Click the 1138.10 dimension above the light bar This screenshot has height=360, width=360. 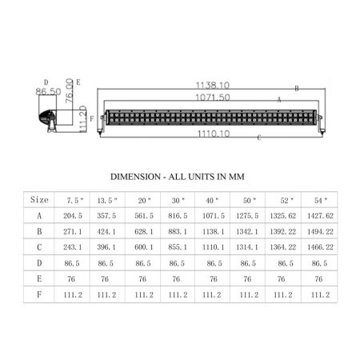tap(213, 86)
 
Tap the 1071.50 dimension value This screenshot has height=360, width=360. tap(213, 98)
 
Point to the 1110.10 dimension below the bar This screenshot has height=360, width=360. tap(214, 134)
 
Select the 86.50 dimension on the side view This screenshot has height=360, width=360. tap(48, 91)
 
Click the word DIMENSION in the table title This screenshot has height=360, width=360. tap(135, 177)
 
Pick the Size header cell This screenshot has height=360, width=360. tap(39, 199)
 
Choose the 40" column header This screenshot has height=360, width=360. tap(212, 200)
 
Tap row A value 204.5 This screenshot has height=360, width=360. tap(73, 215)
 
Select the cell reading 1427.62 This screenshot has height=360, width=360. tap(320, 215)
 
